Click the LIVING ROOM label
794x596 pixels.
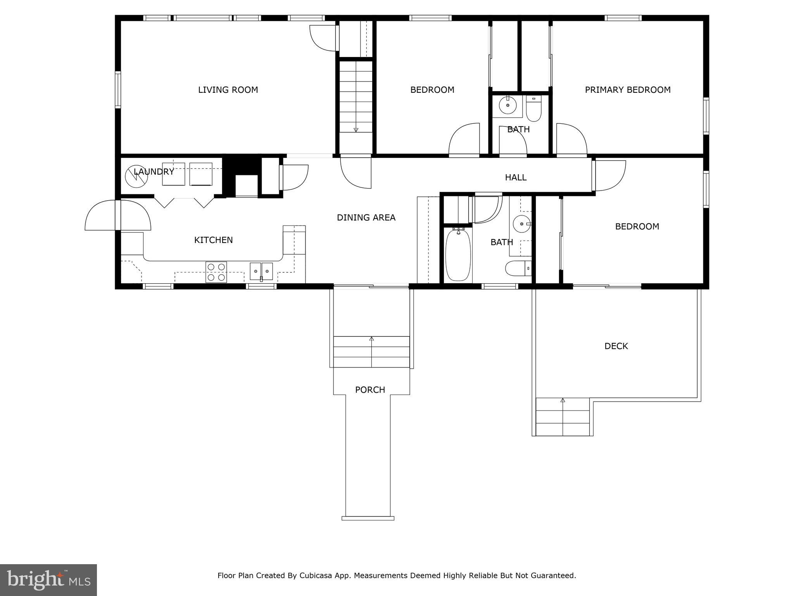(x=228, y=90)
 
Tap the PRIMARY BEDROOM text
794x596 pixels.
(x=627, y=90)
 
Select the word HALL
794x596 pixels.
(x=515, y=178)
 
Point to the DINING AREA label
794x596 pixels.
(x=366, y=218)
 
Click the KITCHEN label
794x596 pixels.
(x=213, y=240)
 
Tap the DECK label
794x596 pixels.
(x=616, y=346)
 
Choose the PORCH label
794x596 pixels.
(x=370, y=390)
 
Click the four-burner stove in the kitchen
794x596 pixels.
(x=216, y=272)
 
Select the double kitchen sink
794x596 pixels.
(x=261, y=271)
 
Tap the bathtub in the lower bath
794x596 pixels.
(x=458, y=255)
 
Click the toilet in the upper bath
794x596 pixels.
(x=533, y=109)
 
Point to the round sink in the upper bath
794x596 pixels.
(x=507, y=105)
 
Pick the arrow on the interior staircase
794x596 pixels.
(x=356, y=130)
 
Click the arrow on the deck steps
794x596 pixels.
(x=563, y=400)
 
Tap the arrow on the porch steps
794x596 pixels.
(x=371, y=339)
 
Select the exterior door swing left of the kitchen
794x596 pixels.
(x=102, y=216)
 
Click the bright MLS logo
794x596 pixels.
(x=48, y=580)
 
